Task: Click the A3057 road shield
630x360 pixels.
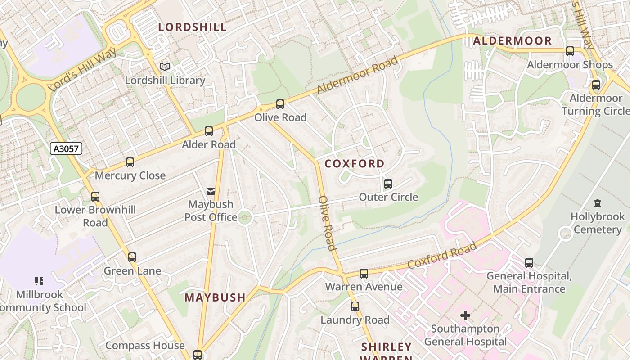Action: (66, 149)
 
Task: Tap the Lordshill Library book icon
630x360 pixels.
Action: (165, 67)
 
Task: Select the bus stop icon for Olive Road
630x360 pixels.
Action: (280, 104)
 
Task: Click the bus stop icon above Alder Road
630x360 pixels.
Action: (209, 131)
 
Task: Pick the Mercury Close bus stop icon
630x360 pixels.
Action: (130, 162)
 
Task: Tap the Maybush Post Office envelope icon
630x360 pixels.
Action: (211, 192)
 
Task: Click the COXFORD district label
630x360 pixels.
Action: (355, 164)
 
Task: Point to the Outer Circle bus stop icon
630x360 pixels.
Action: (388, 184)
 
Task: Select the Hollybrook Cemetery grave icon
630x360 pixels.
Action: (598, 203)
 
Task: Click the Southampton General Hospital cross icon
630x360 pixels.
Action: (465, 315)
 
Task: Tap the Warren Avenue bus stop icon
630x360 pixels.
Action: (364, 274)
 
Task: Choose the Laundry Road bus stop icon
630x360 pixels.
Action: (355, 306)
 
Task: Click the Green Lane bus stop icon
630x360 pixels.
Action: (132, 257)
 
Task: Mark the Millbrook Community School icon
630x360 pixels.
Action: (39, 281)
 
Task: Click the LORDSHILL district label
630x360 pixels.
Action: (193, 27)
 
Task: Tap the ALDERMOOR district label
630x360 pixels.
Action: (512, 41)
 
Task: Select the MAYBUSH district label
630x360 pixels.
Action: (215, 297)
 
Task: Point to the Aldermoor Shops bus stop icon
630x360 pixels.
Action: (570, 51)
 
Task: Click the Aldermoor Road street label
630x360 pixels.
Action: (358, 75)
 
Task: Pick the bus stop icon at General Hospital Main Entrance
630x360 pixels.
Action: (529, 262)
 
